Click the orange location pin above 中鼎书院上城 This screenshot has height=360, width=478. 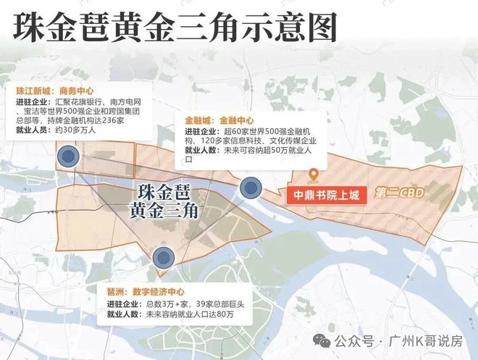pyautogui.click(x=314, y=175)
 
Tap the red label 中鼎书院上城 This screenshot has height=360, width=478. pyautogui.click(x=327, y=195)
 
